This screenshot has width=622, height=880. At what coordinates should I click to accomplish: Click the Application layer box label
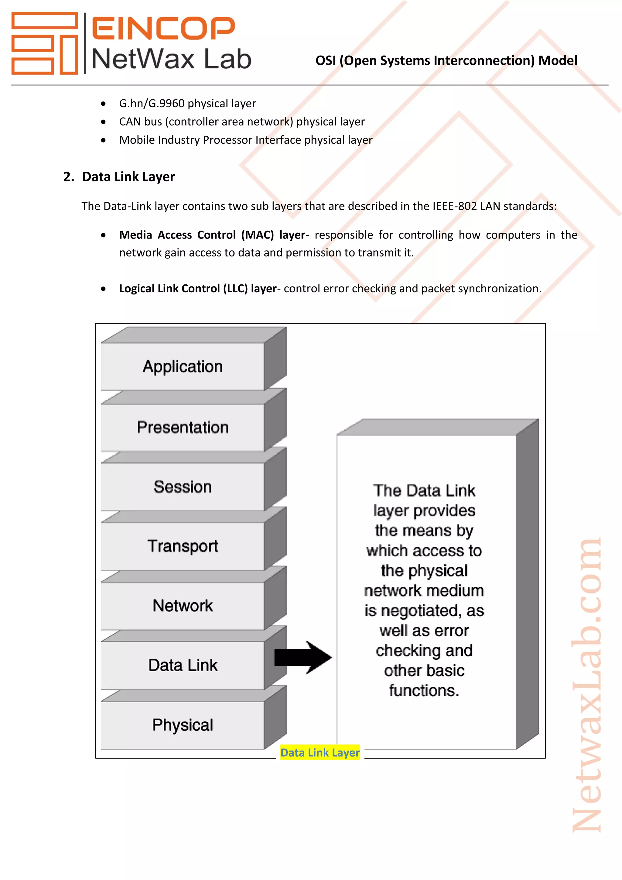click(182, 366)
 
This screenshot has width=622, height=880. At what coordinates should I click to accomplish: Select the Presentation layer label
click(182, 427)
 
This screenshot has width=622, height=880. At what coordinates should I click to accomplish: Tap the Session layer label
click(182, 487)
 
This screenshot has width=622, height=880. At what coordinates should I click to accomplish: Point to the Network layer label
click(182, 606)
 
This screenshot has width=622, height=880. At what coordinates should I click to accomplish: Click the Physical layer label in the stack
click(182, 725)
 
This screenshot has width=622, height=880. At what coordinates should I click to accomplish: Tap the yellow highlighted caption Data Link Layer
click(320, 752)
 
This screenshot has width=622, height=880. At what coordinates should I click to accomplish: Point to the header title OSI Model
click(446, 60)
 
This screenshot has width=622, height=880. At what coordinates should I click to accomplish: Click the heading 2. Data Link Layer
click(119, 177)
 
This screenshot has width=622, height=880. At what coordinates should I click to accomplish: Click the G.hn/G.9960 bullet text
click(187, 104)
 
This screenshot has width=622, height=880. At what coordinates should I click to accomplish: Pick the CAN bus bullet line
click(242, 122)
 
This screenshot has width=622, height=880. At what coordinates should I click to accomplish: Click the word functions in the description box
click(424, 691)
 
